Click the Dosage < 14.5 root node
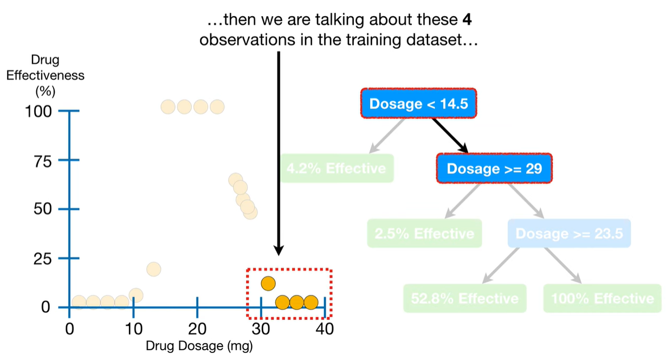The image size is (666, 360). tap(418, 103)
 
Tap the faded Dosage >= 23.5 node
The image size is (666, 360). tap(569, 234)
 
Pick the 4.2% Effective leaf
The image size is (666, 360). tap(337, 168)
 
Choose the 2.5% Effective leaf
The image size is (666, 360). tap(424, 234)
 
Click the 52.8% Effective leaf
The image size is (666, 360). tap(464, 298)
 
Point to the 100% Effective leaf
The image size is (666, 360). tap(602, 298)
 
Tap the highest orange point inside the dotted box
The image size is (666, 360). tap(268, 283)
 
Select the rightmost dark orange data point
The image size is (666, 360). tap(311, 303)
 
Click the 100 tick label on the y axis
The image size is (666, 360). tap(38, 111)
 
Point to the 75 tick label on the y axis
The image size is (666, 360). tap(43, 160)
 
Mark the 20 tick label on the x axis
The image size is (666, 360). tap(197, 329)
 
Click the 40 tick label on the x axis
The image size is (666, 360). tap(325, 329)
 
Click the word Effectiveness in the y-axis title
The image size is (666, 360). tap(45, 75)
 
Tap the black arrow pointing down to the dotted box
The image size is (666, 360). tap(279, 152)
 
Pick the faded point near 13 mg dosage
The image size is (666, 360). tap(153, 269)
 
